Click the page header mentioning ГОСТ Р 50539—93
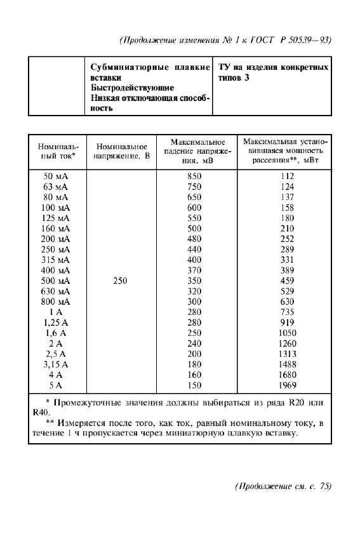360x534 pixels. pyautogui.click(x=225, y=40)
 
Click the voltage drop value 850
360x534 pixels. pyautogui.click(x=194, y=176)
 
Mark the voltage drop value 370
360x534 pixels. pyautogui.click(x=194, y=270)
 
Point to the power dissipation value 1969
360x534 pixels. pyautogui.click(x=288, y=385)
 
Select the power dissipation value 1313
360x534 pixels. pyautogui.click(x=288, y=354)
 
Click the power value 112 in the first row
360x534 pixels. pyautogui.click(x=288, y=176)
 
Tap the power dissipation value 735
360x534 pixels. pyautogui.click(x=288, y=312)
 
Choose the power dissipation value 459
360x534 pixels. pyautogui.click(x=288, y=281)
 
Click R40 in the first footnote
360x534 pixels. pyautogui.click(x=41, y=411)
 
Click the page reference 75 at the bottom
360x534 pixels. pyautogui.click(x=324, y=487)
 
